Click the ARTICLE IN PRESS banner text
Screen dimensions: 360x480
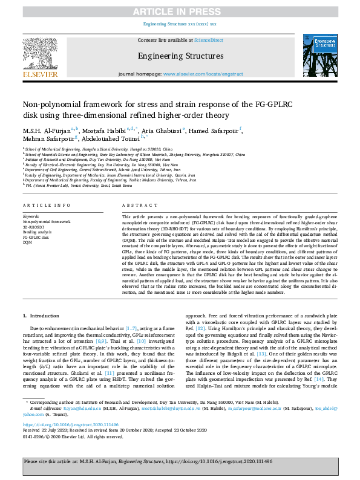[180, 11]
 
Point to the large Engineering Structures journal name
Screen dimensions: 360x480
[180, 56]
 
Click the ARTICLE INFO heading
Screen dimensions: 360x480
[42, 206]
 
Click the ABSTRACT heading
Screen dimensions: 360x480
[135, 206]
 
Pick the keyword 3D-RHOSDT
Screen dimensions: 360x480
[35, 227]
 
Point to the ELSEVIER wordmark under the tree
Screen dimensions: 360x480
[41, 74]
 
